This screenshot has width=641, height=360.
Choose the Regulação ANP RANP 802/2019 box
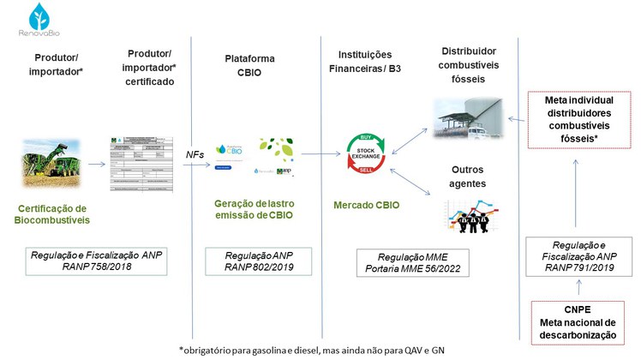point(258,261)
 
